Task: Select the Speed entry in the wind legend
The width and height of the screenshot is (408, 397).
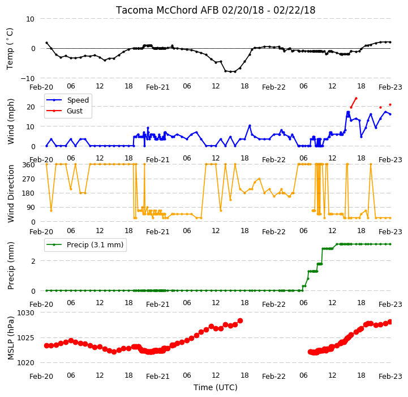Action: pos(78,100)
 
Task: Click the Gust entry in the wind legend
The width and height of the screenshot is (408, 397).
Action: pos(75,111)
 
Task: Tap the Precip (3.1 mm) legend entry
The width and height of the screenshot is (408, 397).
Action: pos(95,244)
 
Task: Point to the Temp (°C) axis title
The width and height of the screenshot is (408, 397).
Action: pos(10,49)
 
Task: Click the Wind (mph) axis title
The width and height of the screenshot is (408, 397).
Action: pos(11,121)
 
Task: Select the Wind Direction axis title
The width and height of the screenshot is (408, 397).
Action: pos(11,193)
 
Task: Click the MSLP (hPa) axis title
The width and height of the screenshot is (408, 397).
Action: pos(11,338)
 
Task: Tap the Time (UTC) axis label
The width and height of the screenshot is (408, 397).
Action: pos(216,387)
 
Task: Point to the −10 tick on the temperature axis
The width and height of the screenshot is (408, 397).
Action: pos(28,78)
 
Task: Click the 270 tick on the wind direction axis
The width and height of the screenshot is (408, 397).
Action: pos(29,179)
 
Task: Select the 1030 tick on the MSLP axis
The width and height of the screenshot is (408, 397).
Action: pos(25,312)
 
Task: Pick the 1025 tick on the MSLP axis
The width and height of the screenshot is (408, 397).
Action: pos(25,338)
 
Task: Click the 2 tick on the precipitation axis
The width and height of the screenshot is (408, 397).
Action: pos(33,261)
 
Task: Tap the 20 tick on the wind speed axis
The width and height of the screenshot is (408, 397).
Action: pos(31,107)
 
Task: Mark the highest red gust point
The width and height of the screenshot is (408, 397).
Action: pos(356,98)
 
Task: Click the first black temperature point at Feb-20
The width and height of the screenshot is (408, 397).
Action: pos(46,43)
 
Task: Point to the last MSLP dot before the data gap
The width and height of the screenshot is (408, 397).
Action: pos(240,320)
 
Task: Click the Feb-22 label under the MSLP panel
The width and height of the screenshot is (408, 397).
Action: pos(274,377)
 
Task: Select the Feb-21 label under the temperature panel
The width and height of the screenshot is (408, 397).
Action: pos(158,87)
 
